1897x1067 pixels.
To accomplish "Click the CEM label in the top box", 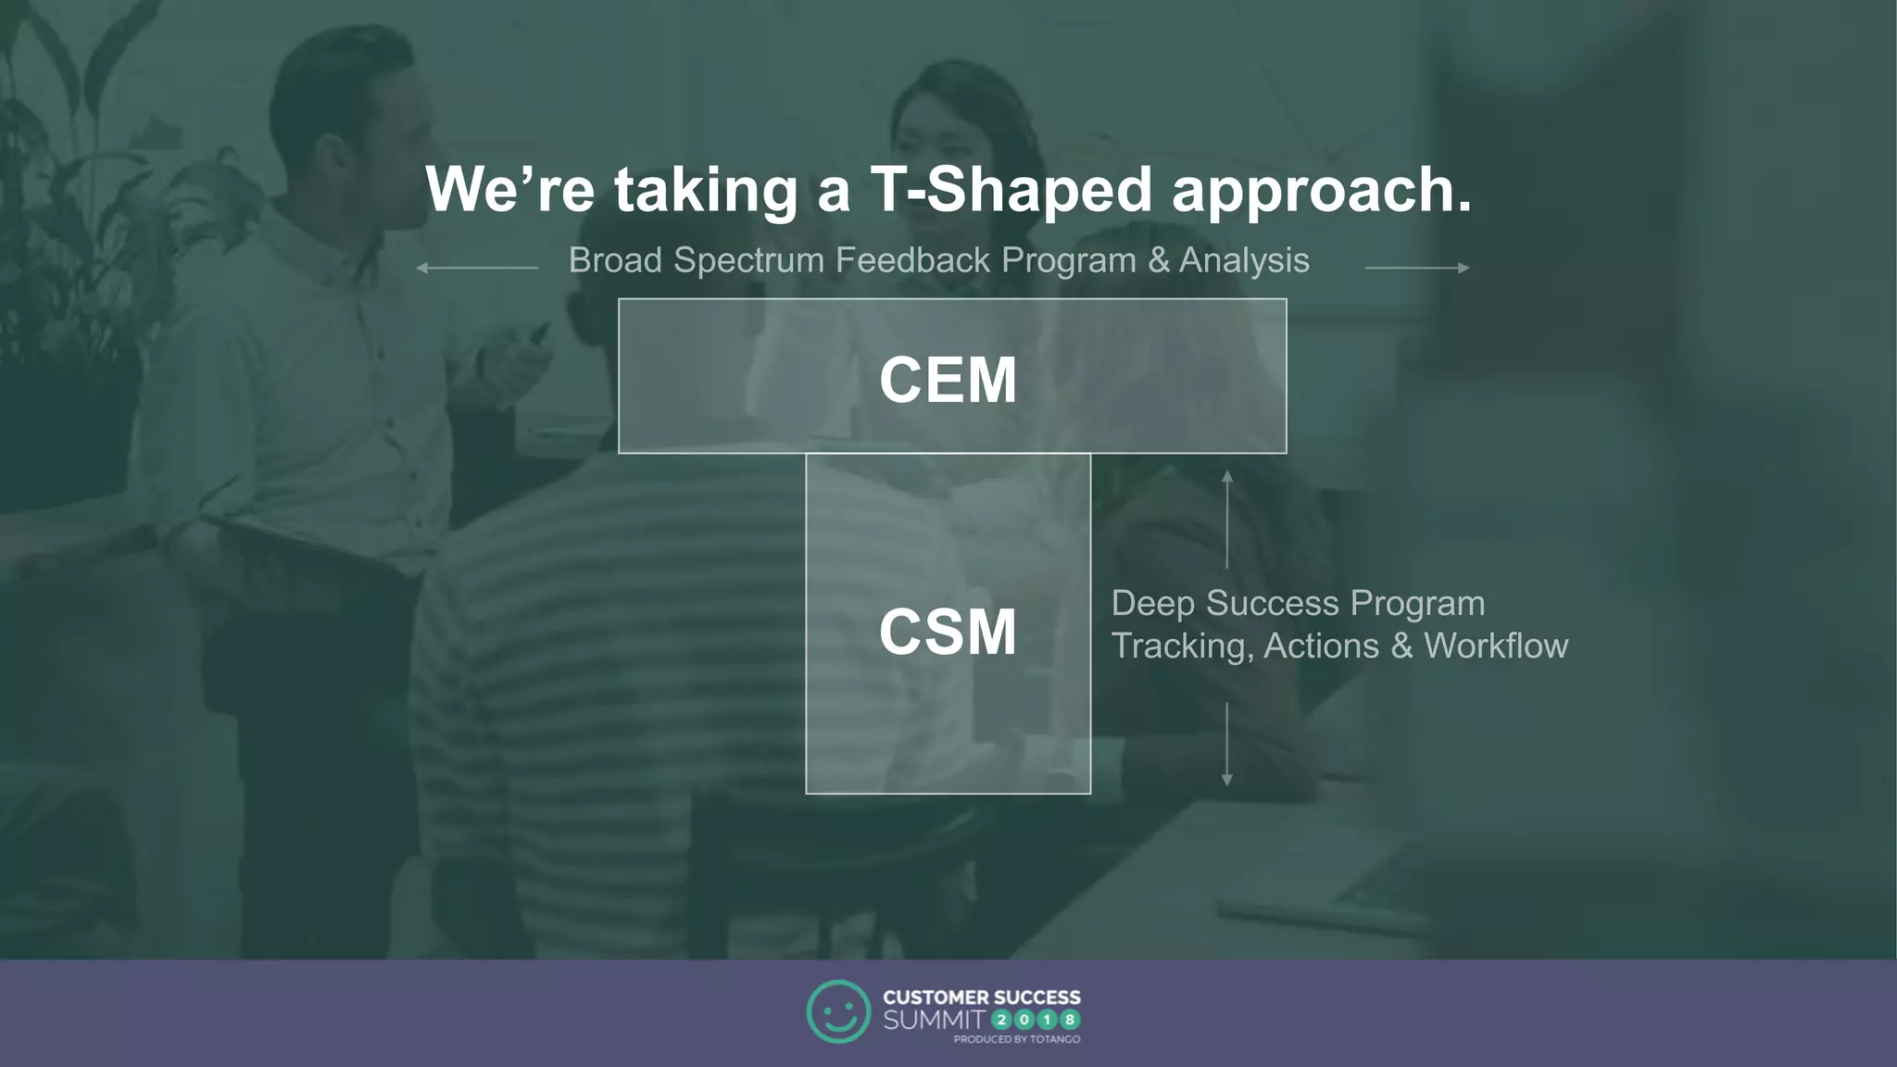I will (948, 380).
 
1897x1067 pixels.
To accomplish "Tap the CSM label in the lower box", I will (948, 633).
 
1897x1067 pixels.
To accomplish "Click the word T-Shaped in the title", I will (1011, 190).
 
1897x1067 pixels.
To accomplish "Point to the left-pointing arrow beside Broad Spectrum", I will (476, 268).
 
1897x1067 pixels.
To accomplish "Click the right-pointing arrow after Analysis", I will (1417, 268).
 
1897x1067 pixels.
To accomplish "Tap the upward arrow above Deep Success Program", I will (1226, 518).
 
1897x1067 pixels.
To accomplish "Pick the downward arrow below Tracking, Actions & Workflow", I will (1226, 745).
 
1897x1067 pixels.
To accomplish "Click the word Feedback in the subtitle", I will (912, 260).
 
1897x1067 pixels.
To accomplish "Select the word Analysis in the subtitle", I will (1244, 261).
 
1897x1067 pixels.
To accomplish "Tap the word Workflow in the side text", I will (1495, 646).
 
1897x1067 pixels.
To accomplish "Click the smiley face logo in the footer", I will (838, 1011).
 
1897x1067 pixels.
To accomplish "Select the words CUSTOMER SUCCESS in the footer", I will (981, 998).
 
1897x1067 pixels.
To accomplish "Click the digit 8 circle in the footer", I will (1070, 1020).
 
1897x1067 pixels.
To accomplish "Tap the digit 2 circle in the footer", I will (1002, 1020).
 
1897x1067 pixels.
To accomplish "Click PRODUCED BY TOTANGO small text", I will (1016, 1039).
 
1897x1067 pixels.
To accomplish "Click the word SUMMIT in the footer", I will (934, 1020).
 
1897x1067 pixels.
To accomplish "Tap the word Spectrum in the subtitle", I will (748, 261).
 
